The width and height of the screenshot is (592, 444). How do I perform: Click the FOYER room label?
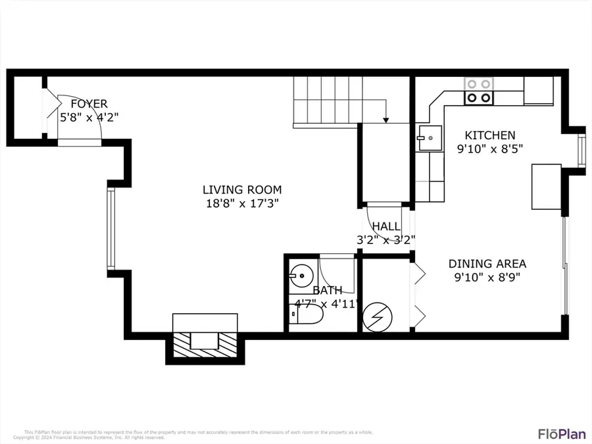click(89, 104)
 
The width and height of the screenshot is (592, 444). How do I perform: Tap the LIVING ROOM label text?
click(241, 190)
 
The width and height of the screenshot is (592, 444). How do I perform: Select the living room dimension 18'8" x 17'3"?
click(241, 204)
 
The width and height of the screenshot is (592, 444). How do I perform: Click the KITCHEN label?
click(490, 135)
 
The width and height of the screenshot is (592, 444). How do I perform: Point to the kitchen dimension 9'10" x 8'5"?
click(490, 149)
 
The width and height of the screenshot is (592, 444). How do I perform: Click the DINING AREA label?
click(487, 264)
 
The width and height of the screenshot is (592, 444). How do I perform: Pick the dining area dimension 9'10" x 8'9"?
click(487, 278)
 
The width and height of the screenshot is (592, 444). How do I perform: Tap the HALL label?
click(385, 227)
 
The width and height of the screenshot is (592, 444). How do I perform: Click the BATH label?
click(327, 290)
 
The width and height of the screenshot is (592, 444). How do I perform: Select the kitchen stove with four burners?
click(479, 91)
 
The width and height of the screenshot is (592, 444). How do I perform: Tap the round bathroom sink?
click(301, 274)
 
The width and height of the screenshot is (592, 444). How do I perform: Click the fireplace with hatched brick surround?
click(205, 341)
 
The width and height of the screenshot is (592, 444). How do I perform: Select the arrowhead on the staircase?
click(386, 119)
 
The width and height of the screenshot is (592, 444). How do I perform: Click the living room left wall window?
click(111, 229)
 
